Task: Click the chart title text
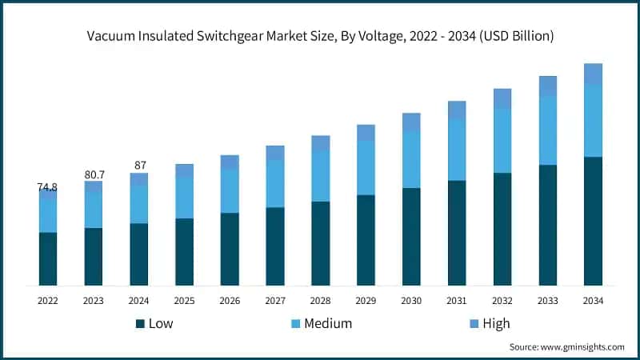click(320, 36)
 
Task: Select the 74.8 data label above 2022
click(47, 187)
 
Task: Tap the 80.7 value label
click(94, 174)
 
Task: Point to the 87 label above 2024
click(140, 166)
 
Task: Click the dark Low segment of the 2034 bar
click(593, 221)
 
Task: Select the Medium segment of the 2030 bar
click(411, 158)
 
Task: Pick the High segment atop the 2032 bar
click(502, 98)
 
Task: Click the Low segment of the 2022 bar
click(48, 258)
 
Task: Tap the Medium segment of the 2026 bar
click(230, 190)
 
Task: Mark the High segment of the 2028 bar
click(321, 142)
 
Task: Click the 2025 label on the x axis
click(185, 301)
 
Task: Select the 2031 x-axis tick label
click(457, 301)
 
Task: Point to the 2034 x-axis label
click(593, 301)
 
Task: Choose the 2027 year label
click(275, 301)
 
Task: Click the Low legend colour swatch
click(140, 323)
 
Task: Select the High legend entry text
click(496, 323)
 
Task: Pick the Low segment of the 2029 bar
click(366, 240)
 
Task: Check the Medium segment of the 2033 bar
click(548, 130)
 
